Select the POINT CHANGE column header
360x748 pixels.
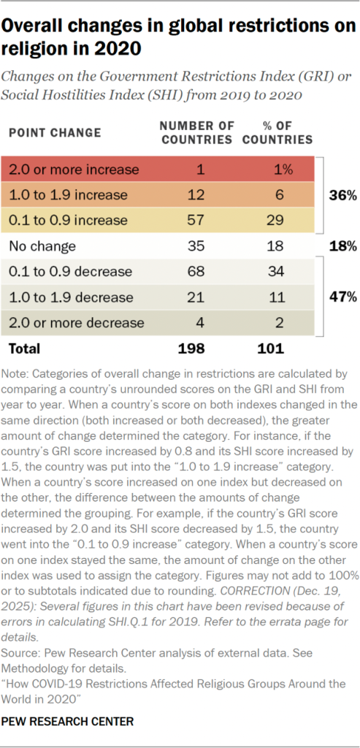pos(55,133)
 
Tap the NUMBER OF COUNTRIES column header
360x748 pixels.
pos(196,133)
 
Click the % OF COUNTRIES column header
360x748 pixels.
pos(278,133)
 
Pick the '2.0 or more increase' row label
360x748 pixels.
pos(74,169)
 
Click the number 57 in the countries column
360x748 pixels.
pos(195,220)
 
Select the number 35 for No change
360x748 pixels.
pos(195,246)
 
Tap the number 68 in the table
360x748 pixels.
pos(195,272)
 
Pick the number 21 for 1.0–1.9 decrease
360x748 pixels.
pos(195,297)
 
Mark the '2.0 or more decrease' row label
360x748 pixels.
pos(75,323)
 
